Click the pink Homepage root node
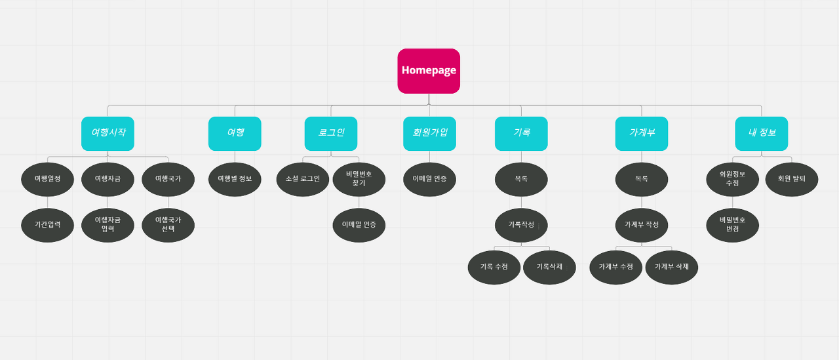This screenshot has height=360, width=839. (x=429, y=71)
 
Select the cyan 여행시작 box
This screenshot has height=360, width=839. (x=108, y=133)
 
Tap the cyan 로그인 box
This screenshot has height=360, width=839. (x=331, y=133)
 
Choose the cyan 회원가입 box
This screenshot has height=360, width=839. (x=429, y=133)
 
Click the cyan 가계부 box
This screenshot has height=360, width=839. (x=642, y=133)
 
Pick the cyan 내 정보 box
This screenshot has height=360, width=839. (x=762, y=133)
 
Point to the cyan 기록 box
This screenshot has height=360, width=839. (x=521, y=133)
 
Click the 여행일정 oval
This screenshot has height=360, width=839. (x=47, y=179)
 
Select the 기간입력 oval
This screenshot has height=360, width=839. (x=47, y=225)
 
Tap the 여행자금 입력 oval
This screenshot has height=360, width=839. (x=107, y=225)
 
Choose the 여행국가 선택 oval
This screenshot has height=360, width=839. (x=168, y=225)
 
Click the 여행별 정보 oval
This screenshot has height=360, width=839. (x=235, y=179)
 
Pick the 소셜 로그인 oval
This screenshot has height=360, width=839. (x=303, y=179)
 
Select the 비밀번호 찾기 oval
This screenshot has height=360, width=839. (x=359, y=179)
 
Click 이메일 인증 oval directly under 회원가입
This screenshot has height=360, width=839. (x=429, y=179)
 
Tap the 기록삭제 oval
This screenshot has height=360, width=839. (x=549, y=267)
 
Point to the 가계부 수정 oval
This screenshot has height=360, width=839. (x=615, y=267)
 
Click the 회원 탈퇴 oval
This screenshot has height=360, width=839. (x=791, y=179)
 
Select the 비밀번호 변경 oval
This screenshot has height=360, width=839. (x=732, y=225)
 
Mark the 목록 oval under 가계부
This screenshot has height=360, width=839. (x=642, y=179)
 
